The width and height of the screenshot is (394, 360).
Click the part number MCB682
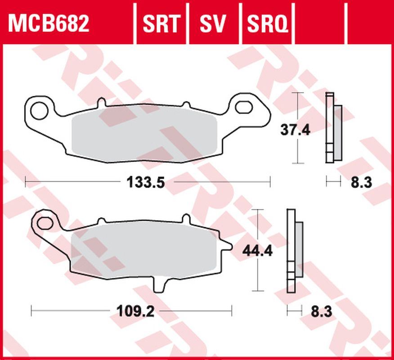pos(49,23)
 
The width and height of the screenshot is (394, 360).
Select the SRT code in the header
pos(161,23)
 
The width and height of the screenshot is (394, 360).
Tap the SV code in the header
pos(213,23)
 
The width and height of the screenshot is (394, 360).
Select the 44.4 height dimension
pos(257,251)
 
